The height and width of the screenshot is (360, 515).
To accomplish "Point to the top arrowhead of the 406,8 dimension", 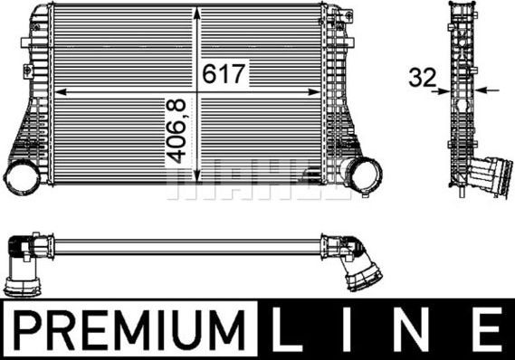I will point(197,11).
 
